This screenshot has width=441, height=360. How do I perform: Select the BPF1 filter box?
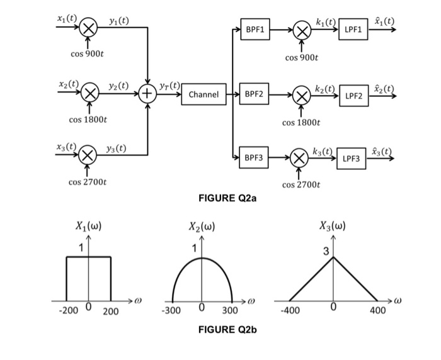255,30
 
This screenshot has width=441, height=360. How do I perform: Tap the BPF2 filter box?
255,94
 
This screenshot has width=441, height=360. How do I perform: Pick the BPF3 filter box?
255,158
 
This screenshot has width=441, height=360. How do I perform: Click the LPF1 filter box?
353,30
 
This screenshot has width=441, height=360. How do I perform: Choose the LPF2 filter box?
353,96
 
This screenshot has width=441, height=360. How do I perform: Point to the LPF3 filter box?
352,159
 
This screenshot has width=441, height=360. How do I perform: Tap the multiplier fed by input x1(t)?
90,28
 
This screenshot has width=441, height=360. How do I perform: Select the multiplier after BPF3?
301,159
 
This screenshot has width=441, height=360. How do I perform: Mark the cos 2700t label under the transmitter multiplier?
88,183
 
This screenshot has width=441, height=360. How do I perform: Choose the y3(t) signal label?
115,149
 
